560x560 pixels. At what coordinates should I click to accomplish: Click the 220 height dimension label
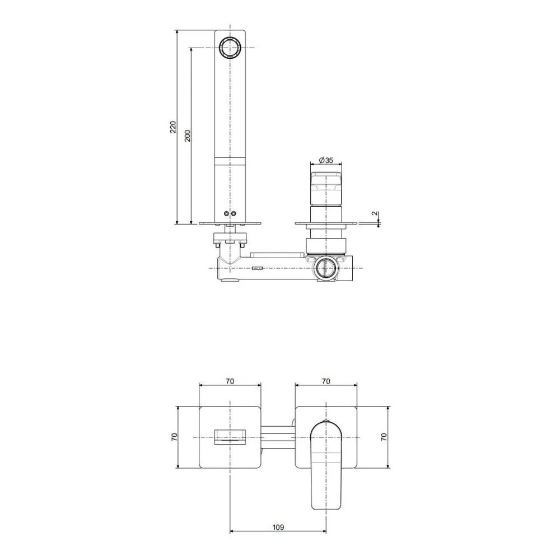[x=173, y=127]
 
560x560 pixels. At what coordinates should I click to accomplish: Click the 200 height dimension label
[x=188, y=136]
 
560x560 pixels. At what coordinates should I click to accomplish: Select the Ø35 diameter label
[x=326, y=160]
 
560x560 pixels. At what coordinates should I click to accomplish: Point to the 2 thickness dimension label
[x=374, y=213]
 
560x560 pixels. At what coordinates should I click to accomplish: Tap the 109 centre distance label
[x=278, y=527]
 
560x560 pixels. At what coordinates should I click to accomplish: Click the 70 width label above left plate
[x=230, y=381]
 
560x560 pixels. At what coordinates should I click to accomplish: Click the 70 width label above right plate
[x=326, y=381]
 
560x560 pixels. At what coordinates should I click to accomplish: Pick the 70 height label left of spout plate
[x=174, y=437]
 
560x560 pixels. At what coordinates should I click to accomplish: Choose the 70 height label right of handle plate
[x=384, y=437]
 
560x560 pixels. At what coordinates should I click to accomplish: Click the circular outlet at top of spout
[x=230, y=48]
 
